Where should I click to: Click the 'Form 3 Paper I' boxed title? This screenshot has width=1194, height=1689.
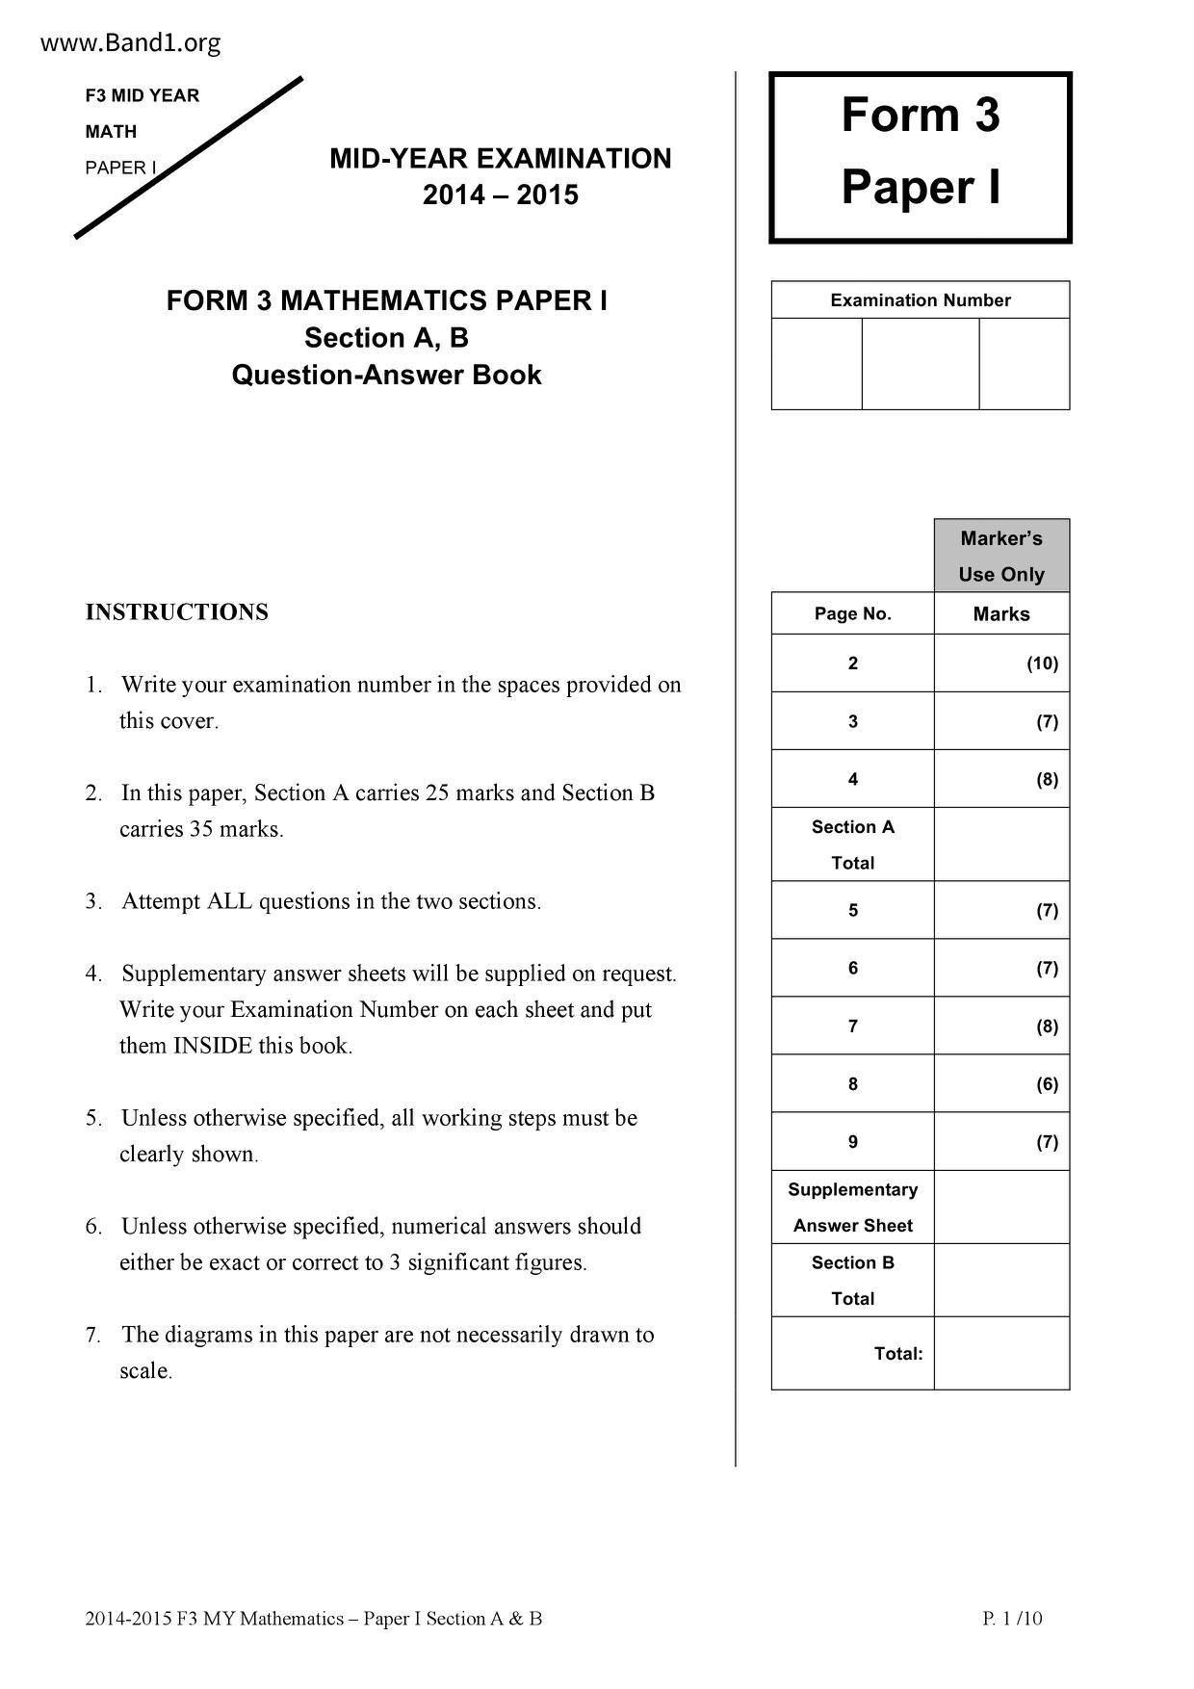point(921,151)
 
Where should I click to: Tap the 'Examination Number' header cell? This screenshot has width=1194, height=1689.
point(921,300)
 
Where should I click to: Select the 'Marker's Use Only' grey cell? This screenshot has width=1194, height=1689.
point(1001,557)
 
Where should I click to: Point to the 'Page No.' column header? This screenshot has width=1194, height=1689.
point(853,614)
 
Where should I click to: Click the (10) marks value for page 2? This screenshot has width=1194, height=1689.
point(1042,663)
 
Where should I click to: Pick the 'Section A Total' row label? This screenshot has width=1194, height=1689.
point(853,844)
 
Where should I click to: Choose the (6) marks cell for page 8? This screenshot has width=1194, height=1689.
point(1047,1084)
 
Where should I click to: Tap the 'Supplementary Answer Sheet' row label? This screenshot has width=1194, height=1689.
point(853,1208)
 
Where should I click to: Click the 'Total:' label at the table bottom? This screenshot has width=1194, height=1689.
point(897,1354)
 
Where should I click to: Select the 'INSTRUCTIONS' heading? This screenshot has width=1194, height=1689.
point(177,612)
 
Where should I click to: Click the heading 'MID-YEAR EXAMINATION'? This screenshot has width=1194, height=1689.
point(501,159)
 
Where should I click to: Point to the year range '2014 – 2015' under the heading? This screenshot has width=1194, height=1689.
point(501,195)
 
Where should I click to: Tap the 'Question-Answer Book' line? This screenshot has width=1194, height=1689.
point(386,375)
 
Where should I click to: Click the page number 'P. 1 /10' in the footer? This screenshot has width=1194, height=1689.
point(1012,1619)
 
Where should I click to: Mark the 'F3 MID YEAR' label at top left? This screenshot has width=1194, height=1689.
point(143,95)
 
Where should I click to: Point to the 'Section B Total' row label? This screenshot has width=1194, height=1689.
point(853,1281)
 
